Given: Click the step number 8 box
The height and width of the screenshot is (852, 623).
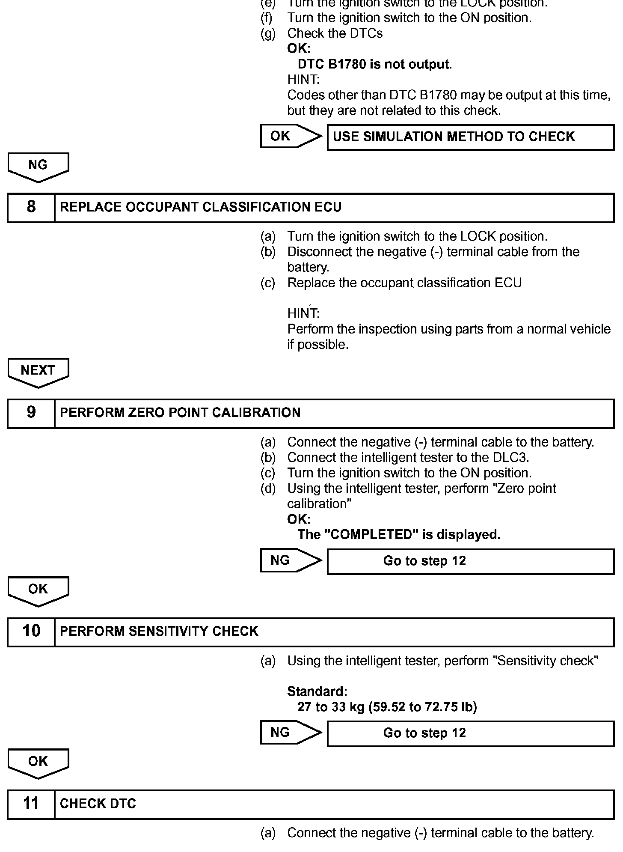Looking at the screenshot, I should tap(31, 207).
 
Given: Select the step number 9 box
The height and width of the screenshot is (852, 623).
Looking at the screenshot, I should tap(31, 413).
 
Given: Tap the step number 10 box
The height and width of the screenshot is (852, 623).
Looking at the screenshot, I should tap(31, 631).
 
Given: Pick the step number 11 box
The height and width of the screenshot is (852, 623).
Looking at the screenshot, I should tap(31, 804).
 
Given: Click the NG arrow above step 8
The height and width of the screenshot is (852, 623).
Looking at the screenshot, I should tap(38, 167).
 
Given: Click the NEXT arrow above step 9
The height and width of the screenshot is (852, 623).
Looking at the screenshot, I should tap(38, 372).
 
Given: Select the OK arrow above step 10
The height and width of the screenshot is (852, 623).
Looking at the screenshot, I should tap(38, 590).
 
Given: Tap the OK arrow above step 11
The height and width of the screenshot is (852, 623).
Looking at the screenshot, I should tap(38, 763).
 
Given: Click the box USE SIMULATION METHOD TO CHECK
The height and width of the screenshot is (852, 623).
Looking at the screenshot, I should tap(470, 137).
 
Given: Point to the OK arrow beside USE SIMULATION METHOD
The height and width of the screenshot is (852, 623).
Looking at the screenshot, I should tap(290, 136).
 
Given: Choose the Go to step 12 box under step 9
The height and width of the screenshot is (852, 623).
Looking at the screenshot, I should tap(470, 561).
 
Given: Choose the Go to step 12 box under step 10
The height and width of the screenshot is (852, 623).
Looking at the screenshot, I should tap(470, 733).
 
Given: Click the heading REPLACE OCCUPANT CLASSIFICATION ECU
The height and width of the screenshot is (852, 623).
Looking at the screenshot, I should tap(201, 207).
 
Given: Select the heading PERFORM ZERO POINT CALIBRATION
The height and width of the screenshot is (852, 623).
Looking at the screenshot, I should tap(180, 413).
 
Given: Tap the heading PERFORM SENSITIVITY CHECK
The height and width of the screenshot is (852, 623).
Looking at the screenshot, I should tap(159, 631).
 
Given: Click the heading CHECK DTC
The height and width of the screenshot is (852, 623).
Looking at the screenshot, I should tap(98, 804).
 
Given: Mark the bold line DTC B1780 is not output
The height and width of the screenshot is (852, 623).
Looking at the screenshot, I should tap(374, 65).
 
